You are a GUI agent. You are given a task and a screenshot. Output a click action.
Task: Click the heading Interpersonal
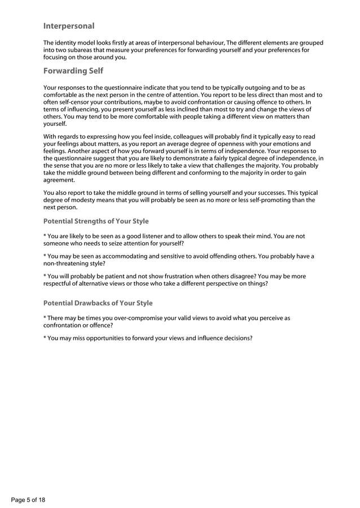tap(69, 26)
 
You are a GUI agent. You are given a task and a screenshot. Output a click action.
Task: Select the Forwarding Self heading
tap(73, 71)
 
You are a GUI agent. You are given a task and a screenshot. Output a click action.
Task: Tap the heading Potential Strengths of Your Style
tap(96, 221)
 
